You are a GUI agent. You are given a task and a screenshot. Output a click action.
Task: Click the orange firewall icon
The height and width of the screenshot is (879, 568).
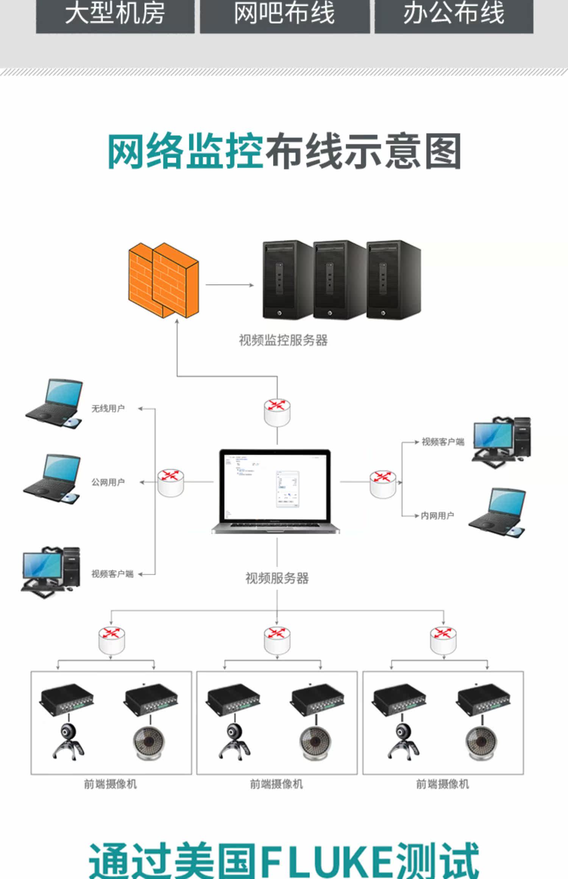click(x=164, y=280)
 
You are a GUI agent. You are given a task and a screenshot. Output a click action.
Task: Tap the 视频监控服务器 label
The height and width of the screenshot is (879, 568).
click(x=283, y=340)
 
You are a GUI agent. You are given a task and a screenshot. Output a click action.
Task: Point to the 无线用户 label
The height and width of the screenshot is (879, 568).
click(x=108, y=408)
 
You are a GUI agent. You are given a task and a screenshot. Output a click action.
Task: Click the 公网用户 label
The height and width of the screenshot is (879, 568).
click(x=108, y=482)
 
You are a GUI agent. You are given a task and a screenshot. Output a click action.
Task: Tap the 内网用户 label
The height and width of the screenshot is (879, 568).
click(x=437, y=516)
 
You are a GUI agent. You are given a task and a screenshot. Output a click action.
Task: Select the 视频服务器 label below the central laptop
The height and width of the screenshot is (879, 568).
click(x=277, y=578)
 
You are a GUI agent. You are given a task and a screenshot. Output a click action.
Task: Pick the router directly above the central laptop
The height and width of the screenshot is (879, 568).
click(x=277, y=412)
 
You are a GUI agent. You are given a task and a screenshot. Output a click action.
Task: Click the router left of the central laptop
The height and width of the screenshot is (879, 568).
click(x=171, y=482)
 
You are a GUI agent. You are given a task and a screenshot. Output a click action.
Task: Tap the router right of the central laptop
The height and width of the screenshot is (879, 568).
click(x=383, y=483)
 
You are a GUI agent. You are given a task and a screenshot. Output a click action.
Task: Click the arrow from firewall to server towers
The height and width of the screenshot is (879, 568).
click(x=229, y=285)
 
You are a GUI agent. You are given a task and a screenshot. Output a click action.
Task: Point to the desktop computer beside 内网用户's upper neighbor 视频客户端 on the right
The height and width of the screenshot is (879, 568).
click(x=501, y=441)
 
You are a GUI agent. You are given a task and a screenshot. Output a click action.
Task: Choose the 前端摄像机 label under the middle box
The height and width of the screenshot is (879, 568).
click(x=276, y=784)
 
